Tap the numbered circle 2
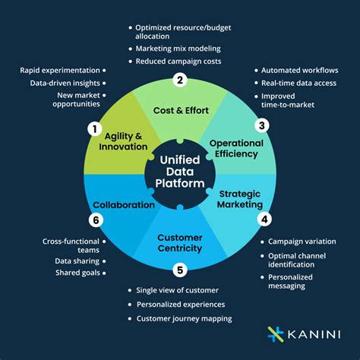(x=180, y=80)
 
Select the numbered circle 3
(x=263, y=126)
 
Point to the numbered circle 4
(x=264, y=220)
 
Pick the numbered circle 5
(x=180, y=268)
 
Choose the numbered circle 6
(x=96, y=220)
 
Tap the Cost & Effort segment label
(x=180, y=110)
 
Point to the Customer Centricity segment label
(x=180, y=243)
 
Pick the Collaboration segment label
(x=124, y=204)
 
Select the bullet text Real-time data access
(x=299, y=84)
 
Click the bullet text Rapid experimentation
(x=60, y=70)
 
